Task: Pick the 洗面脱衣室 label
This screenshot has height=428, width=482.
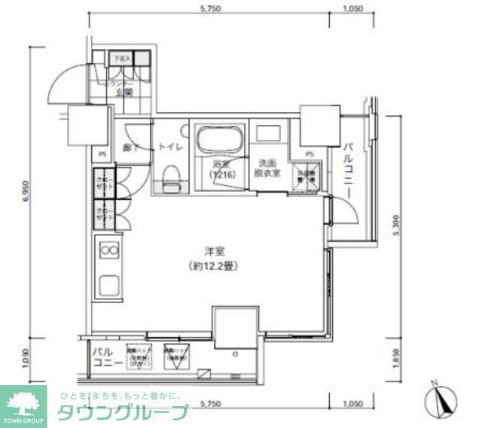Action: [269, 168]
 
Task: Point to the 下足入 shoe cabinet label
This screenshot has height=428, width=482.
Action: [121, 57]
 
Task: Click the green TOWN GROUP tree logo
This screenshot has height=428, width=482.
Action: [23, 398]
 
